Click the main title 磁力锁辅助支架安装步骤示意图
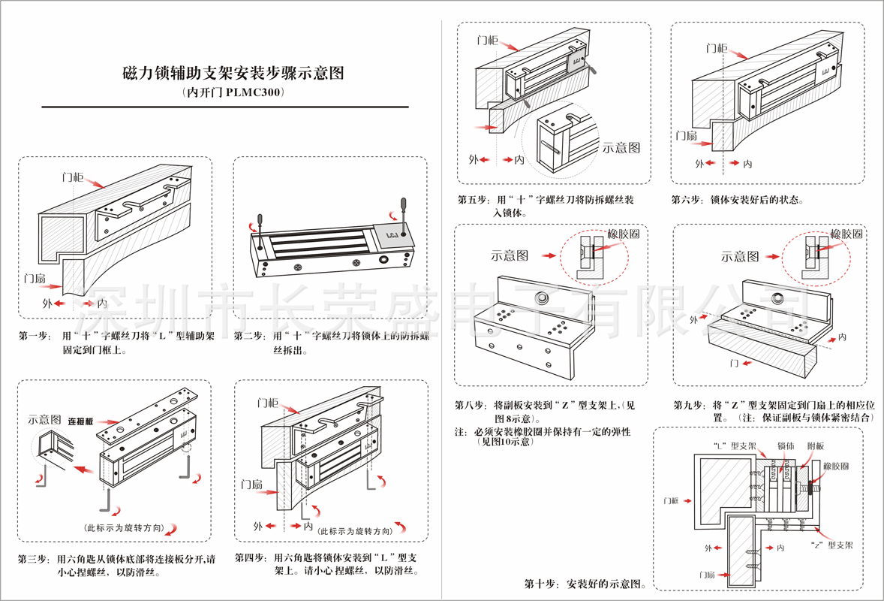point(233,74)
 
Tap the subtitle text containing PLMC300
point(233,94)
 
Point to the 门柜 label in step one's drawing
point(73,177)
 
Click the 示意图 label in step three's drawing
point(44,419)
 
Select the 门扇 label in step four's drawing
point(253,485)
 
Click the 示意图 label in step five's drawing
point(621,147)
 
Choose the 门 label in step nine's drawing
point(735,363)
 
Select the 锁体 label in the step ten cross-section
point(786,446)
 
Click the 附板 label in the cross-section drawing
point(815,446)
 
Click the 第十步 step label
point(540,584)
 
